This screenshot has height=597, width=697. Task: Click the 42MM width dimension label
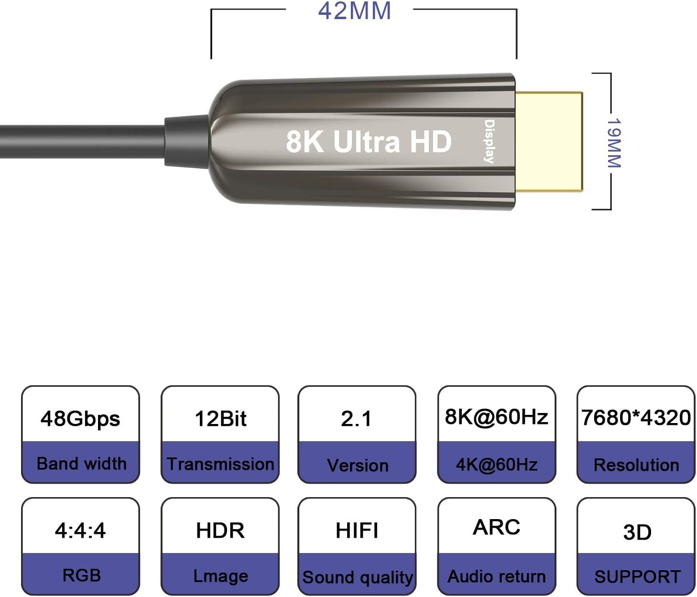tap(354, 11)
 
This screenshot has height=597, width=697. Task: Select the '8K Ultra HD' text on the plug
tap(369, 141)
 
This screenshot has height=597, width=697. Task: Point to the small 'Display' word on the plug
tap(490, 141)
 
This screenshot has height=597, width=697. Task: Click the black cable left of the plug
tap(81, 141)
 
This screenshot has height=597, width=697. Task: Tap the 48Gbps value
tap(80, 419)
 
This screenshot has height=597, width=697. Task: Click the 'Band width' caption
tap(81, 464)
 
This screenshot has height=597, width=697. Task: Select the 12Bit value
tap(220, 419)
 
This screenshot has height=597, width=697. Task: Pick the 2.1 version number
tap(356, 419)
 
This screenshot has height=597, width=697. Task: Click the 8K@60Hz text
tap(496, 417)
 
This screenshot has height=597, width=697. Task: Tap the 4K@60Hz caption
tap(496, 465)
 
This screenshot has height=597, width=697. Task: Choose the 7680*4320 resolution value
tap(636, 418)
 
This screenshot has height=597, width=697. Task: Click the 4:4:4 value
tap(80, 531)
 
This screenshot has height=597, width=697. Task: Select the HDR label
tap(220, 531)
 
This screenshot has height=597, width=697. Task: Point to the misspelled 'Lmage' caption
tap(220, 576)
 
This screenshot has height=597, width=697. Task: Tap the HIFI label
tap(357, 531)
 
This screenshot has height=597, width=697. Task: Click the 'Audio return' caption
tap(496, 576)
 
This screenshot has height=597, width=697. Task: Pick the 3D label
tap(637, 532)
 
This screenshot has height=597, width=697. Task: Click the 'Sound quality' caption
tap(357, 577)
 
